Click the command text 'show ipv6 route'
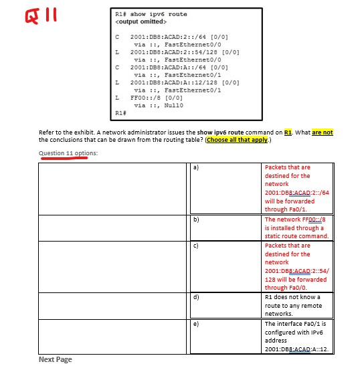(160, 13)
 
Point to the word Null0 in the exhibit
(173, 104)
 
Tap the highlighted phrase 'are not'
(322, 132)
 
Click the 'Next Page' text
(56, 360)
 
